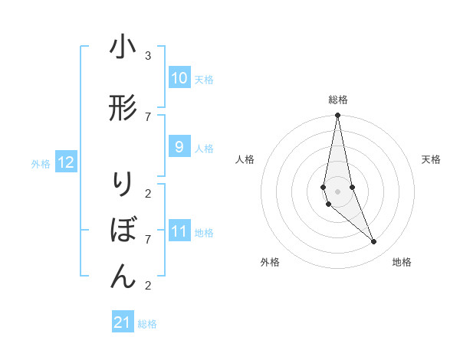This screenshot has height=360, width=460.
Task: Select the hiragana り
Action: [x=123, y=185]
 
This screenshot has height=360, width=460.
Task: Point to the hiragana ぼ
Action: [x=123, y=231]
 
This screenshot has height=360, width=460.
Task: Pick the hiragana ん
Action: [x=123, y=277]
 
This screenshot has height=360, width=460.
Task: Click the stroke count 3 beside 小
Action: [x=148, y=56]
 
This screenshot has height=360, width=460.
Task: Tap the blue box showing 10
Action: [x=179, y=78]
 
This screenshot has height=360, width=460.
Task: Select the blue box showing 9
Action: [x=179, y=147]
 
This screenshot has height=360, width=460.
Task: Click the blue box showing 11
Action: [x=179, y=231]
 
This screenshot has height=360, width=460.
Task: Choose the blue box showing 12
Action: [x=66, y=162]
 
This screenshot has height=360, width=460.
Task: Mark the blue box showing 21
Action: [x=123, y=322]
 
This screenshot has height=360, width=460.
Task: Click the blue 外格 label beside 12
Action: [x=40, y=163]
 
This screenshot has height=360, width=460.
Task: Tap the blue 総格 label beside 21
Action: [x=147, y=324]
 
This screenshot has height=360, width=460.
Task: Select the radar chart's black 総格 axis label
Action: [x=338, y=100]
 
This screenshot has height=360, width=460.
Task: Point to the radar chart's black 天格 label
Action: [x=432, y=159]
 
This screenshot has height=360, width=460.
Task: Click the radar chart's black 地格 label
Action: [x=402, y=262]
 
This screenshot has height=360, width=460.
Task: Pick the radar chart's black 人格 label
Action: [x=245, y=159]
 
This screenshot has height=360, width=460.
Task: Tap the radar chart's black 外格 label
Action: [x=270, y=262]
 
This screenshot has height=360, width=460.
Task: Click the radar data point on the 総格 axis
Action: [x=338, y=116]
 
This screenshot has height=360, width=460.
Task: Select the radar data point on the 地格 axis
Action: [x=374, y=242]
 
